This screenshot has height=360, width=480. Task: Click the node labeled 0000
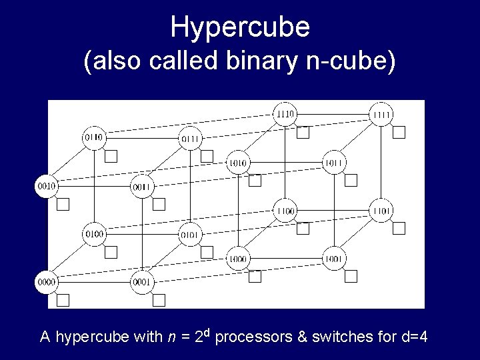click(x=47, y=282)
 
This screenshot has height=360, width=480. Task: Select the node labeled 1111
click(x=382, y=115)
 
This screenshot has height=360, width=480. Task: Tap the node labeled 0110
click(x=94, y=137)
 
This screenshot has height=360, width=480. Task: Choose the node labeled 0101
click(x=190, y=234)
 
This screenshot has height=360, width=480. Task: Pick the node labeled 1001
click(x=333, y=258)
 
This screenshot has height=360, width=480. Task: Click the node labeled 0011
click(x=143, y=186)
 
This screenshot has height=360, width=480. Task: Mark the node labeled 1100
click(x=285, y=211)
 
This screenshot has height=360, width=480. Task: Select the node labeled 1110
click(x=285, y=114)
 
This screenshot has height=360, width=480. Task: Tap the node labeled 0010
click(x=47, y=185)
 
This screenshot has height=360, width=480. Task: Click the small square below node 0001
click(x=159, y=300)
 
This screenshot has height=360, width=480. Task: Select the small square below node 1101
click(x=399, y=229)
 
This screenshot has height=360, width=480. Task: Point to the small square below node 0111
click(x=207, y=157)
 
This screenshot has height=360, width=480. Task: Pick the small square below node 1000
click(x=255, y=276)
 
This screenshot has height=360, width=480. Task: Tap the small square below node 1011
click(x=351, y=180)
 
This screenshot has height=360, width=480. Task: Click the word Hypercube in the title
click(x=240, y=27)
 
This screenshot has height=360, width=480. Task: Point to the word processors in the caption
click(x=252, y=337)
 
